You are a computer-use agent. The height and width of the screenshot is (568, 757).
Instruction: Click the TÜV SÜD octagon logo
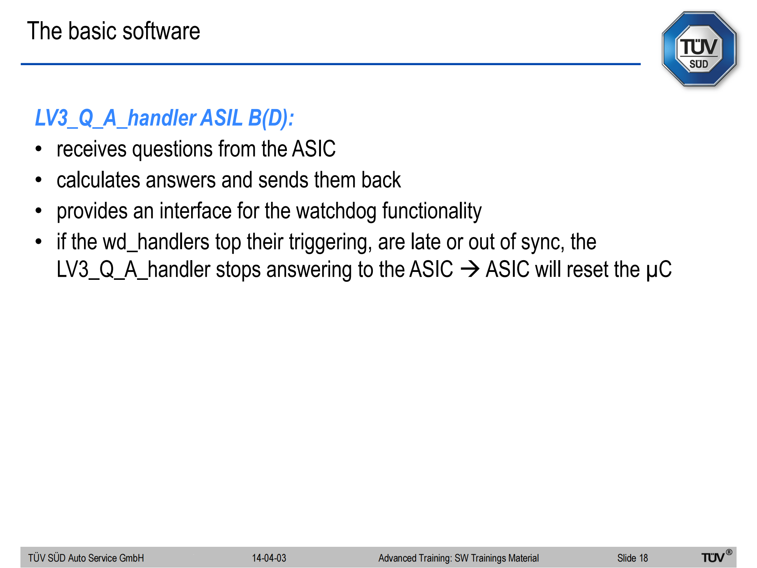pyautogui.click(x=699, y=49)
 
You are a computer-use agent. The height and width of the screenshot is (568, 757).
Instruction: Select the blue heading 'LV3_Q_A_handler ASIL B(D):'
pyautogui.click(x=164, y=118)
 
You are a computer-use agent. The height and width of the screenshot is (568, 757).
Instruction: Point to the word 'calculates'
pyautogui.click(x=98, y=180)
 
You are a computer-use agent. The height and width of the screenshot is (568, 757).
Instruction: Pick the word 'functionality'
pyautogui.click(x=432, y=211)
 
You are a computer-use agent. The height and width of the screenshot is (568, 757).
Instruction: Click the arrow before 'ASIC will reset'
pyautogui.click(x=470, y=269)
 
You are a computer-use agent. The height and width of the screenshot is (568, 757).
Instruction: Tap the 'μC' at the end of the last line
pyautogui.click(x=659, y=270)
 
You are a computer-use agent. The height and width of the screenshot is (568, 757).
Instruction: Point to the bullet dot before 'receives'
pyautogui.click(x=39, y=149)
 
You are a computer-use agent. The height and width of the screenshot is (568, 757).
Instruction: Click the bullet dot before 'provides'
pyautogui.click(x=39, y=211)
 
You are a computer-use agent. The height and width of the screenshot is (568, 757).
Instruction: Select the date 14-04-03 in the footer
pyautogui.click(x=269, y=558)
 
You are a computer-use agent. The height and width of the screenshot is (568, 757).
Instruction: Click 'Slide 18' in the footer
pyautogui.click(x=632, y=558)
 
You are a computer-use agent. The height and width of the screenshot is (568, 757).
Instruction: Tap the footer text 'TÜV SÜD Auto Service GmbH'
pyautogui.click(x=86, y=558)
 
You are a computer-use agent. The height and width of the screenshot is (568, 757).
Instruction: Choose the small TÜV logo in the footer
pyautogui.click(x=717, y=556)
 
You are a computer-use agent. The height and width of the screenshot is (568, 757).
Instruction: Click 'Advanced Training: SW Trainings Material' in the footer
pyautogui.click(x=458, y=558)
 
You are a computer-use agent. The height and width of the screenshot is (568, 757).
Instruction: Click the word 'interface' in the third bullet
pyautogui.click(x=195, y=211)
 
